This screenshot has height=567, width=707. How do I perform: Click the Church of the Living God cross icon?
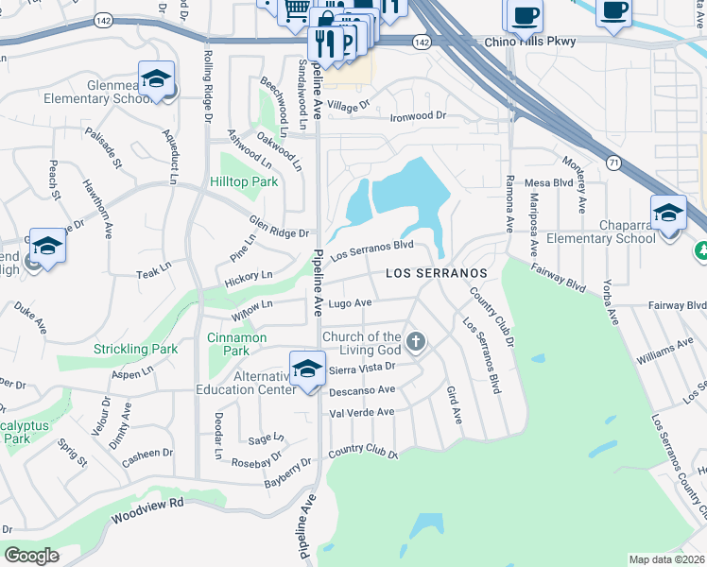(414, 340)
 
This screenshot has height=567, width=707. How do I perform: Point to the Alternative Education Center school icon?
(307, 371)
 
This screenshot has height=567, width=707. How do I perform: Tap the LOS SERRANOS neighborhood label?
(437, 273)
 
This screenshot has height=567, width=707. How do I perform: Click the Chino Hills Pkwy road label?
(529, 43)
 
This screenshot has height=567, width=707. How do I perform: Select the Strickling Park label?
(135, 349)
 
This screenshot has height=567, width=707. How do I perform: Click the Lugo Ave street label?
(350, 303)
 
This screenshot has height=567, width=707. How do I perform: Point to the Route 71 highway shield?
(614, 163)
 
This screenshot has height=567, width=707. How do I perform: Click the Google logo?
(31, 555)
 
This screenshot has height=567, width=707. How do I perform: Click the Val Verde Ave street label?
(361, 412)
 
